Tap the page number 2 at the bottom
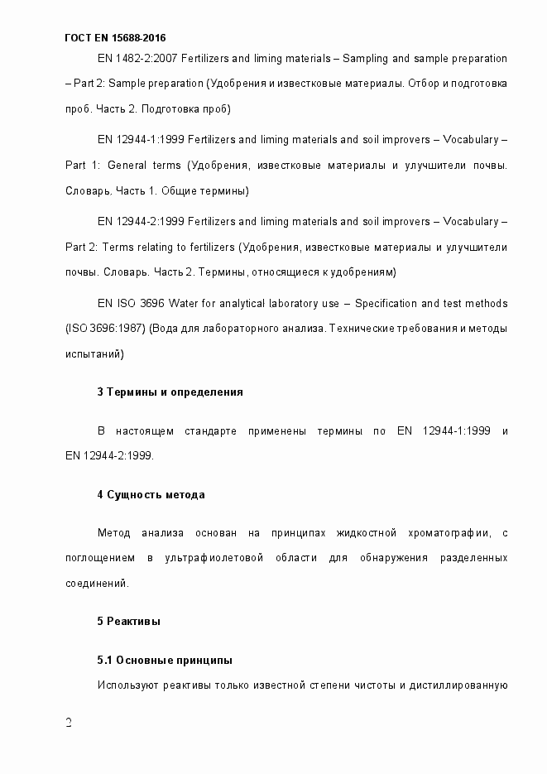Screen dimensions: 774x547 tap(69, 724)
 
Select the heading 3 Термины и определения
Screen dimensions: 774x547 tap(170, 392)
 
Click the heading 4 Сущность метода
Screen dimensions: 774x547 tap(150, 494)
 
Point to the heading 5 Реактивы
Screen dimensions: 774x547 tap(128, 621)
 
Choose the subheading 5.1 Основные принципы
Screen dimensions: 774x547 tap(164, 660)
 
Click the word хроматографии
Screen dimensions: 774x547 tap(449, 531)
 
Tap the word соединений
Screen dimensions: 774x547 tap(96, 584)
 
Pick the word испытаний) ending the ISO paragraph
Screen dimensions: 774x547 tap(94, 353)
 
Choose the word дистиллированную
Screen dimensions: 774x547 tap(459, 685)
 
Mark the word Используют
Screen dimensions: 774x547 tap(126, 685)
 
